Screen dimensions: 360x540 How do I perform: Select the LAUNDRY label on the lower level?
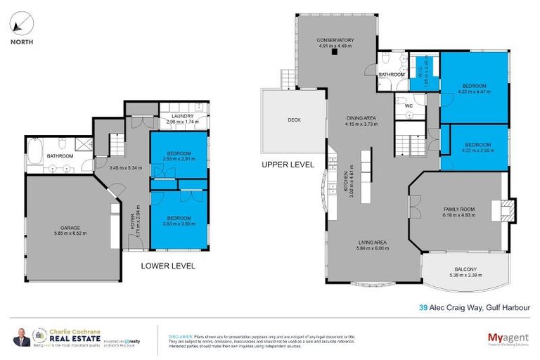coord(183,116)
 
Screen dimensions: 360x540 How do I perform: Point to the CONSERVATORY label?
coord(335,40)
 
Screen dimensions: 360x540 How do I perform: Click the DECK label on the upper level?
coord(294,120)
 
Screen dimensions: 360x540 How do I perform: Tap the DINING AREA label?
coord(361,118)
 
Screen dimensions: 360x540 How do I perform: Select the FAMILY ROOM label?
coord(459,210)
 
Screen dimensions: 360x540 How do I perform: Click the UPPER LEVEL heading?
coord(288,164)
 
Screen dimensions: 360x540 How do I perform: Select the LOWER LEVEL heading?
coord(167,266)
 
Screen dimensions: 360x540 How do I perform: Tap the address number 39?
coord(423,307)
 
